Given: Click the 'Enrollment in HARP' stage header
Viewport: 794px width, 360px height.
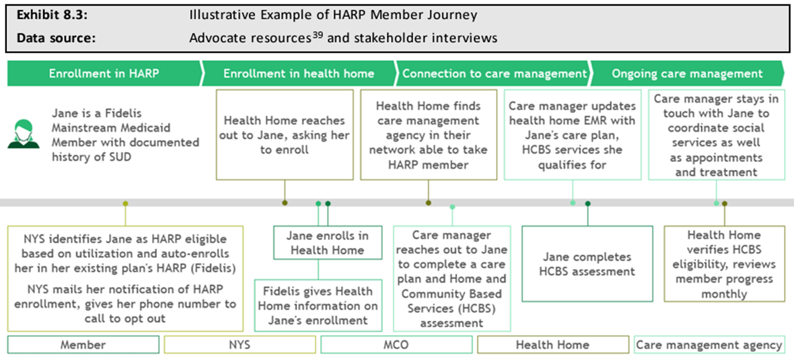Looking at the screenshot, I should (104, 74).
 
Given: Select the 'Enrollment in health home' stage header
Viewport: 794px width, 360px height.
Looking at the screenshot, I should (298, 74).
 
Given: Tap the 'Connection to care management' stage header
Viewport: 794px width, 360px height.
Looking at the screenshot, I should (494, 74).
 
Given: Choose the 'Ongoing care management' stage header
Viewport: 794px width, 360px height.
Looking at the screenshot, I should (687, 74).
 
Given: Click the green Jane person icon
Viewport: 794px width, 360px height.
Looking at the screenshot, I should (24, 134).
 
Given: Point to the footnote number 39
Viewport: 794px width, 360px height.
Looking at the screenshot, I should (318, 35).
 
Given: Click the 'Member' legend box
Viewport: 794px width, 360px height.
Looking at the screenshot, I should (83, 345).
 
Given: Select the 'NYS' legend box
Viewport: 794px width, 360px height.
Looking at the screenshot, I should (240, 345).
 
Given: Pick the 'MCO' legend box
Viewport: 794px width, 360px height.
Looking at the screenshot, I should (396, 345).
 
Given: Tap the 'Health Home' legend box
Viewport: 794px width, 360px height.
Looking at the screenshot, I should (553, 345).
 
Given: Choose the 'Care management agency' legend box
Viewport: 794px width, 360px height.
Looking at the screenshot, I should (709, 345).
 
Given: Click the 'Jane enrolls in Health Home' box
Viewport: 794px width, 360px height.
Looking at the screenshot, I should (328, 243).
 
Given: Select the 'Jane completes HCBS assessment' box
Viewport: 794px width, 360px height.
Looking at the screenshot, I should (587, 264).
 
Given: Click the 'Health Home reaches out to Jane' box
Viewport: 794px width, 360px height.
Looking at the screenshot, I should (284, 135).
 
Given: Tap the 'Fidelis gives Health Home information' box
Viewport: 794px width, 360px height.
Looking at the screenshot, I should (318, 305).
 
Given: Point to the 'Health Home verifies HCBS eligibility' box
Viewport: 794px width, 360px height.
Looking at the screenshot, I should (724, 264).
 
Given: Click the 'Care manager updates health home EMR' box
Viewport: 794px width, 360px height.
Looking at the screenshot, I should (572, 135).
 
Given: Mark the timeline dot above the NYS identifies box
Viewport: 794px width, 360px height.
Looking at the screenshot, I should (125, 203).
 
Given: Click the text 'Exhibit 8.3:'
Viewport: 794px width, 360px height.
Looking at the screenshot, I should (52, 15).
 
